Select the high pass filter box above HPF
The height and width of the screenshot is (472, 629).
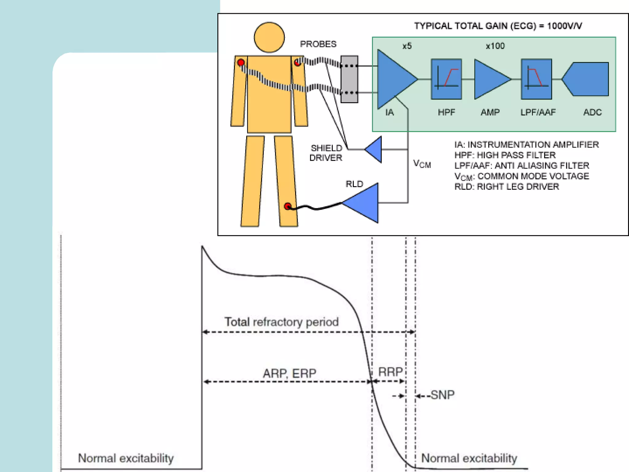coord(446,79)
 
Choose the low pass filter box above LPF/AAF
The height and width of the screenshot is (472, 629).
coord(536,79)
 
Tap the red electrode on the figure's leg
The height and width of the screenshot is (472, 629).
coord(288,206)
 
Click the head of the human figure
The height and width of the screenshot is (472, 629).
coord(269,37)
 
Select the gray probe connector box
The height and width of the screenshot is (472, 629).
coord(349,79)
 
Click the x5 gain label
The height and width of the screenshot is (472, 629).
coord(407,46)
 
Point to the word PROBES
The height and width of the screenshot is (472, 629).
coord(318,44)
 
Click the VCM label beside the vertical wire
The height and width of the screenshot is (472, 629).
coord(422,164)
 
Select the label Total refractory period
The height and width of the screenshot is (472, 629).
coord(281,322)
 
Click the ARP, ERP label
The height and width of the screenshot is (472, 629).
coord(289,373)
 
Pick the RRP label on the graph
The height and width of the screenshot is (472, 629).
coord(390,372)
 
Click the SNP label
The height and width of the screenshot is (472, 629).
coord(442,395)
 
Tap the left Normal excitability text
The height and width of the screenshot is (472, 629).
coord(126,458)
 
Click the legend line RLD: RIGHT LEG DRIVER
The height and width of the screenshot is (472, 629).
coord(506,187)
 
